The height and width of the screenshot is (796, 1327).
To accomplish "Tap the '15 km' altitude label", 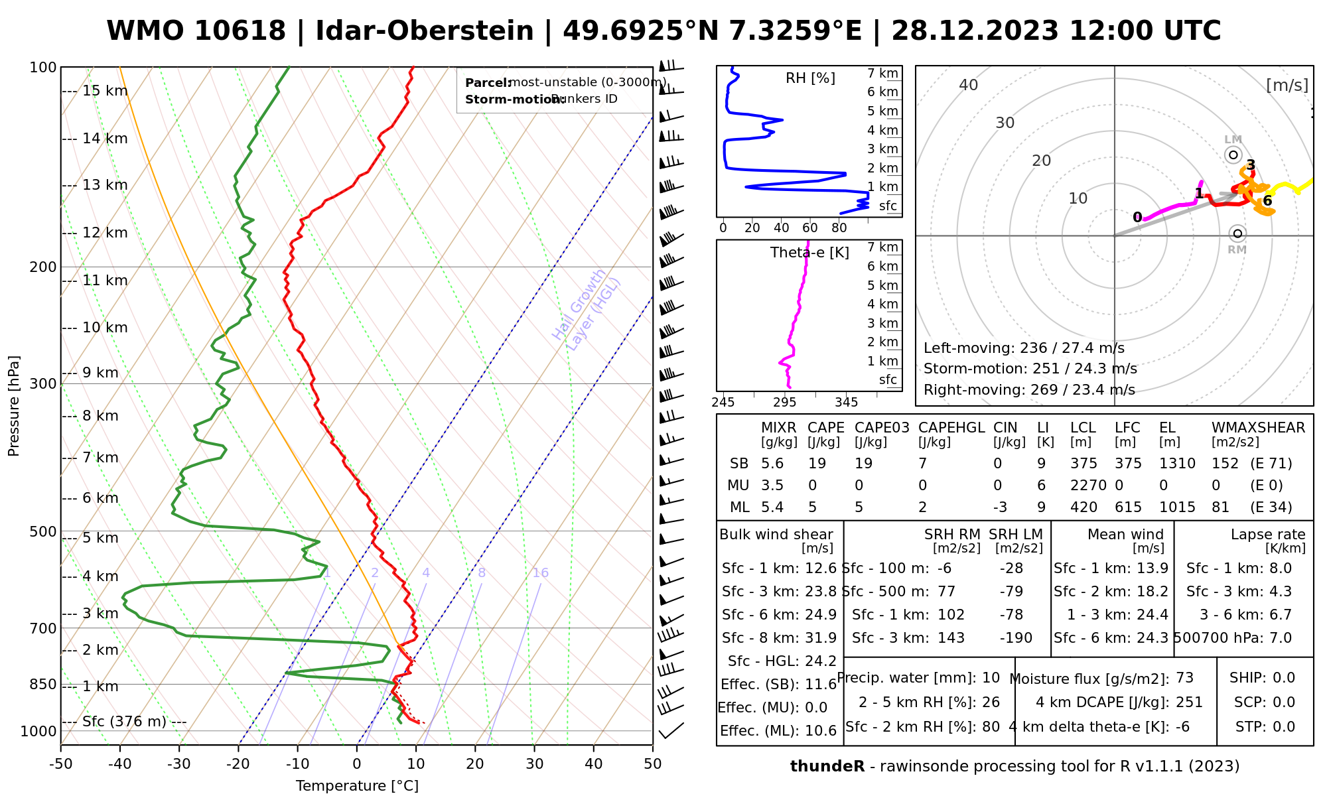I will [x=105, y=91].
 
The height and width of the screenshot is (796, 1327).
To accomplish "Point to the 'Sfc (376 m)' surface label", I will [x=124, y=721].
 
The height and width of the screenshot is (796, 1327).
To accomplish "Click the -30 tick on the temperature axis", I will [x=179, y=764].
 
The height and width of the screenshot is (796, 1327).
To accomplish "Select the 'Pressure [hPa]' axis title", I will [x=14, y=406].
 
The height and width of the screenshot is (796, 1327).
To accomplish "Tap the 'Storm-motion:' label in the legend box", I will [x=507, y=99].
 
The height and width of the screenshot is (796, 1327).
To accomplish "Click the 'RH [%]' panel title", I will [x=810, y=78].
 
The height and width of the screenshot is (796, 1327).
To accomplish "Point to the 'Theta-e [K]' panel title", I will [x=809, y=253].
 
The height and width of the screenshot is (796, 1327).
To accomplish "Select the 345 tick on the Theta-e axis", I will [x=846, y=403].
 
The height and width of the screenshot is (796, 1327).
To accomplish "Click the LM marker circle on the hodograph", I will [x=1233, y=155].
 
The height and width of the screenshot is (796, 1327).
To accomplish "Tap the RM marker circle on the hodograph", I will [x=1237, y=233].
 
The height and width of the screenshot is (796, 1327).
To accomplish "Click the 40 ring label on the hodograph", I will [x=969, y=85].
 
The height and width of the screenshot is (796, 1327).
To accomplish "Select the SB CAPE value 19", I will [x=816, y=464].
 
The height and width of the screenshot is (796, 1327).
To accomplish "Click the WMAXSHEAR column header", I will [x=1258, y=428].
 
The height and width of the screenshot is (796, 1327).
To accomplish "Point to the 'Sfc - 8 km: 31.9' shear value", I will [x=779, y=637].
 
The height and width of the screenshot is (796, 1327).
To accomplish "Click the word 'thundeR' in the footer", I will [x=827, y=767].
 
